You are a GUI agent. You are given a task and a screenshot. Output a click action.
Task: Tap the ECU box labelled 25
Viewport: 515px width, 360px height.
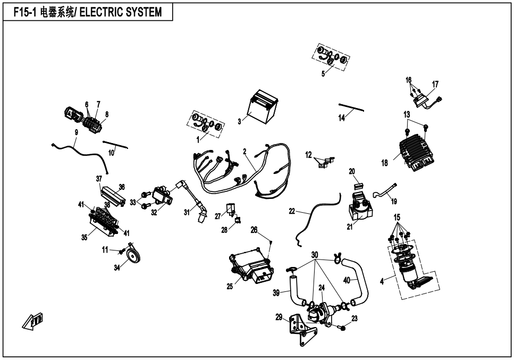[249, 266]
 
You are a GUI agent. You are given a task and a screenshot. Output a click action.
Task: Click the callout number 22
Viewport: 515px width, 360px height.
[292, 211]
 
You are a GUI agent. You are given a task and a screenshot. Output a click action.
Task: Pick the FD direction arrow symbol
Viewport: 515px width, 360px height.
[32, 321]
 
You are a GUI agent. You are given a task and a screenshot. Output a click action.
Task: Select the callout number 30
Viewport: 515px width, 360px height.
[315, 255]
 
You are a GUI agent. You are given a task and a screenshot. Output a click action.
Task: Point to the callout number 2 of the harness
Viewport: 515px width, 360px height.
[244, 152]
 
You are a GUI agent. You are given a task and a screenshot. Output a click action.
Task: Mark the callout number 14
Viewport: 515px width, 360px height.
[342, 118]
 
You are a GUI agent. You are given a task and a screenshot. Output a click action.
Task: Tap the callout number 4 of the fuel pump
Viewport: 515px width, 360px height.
[382, 282]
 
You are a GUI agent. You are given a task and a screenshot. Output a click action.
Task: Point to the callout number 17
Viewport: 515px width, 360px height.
[435, 85]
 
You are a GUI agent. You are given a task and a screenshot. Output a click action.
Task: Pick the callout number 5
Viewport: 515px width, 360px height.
[323, 74]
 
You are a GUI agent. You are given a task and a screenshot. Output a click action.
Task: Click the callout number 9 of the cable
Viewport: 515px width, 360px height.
[76, 131]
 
